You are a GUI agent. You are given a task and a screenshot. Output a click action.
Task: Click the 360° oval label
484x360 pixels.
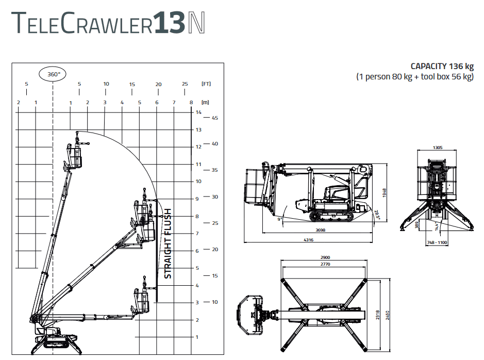(x=53, y=74)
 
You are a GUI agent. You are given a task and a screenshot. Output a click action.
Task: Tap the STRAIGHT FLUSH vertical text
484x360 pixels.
(x=168, y=243)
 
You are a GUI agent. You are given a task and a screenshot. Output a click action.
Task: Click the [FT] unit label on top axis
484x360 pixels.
(x=206, y=84)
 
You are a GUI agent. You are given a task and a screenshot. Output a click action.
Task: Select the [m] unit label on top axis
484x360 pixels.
(x=205, y=102)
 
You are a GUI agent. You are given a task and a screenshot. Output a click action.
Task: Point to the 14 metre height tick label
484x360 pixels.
(x=198, y=112)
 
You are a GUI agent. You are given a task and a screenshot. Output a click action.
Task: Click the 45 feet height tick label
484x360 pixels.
(x=215, y=118)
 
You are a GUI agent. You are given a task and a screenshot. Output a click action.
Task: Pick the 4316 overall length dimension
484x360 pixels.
(x=308, y=240)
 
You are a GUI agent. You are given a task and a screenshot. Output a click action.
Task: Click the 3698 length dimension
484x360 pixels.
(x=321, y=230)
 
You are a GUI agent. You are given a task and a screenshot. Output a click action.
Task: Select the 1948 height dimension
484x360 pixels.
(x=385, y=193)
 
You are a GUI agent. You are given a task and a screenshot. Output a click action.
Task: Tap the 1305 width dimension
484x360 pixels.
(x=438, y=148)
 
